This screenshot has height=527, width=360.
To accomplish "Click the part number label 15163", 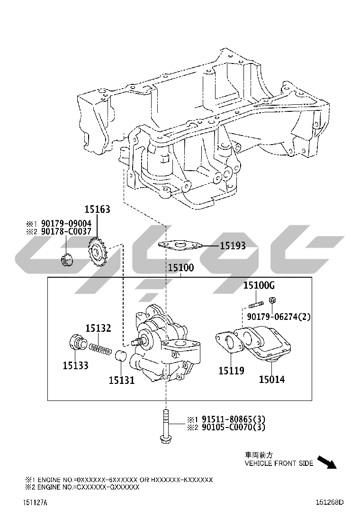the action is tap(98, 209).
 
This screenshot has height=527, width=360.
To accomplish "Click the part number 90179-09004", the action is tap(66, 224).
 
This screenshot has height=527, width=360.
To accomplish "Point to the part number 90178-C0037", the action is tap(66, 231).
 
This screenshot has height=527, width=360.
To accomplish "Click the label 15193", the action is tap(233, 245).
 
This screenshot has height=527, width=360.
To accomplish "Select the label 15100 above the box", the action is tap(181, 268).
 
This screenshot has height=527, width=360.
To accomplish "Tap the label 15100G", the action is tap(259, 285).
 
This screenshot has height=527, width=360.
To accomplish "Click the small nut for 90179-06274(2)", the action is tap(272, 300).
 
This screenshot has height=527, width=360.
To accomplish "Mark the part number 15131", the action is tap(122, 380).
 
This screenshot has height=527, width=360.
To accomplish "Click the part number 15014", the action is tap(272, 380).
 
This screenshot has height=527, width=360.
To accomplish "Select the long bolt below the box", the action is tap(165, 426).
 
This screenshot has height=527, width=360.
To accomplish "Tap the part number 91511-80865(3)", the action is tap(234, 419).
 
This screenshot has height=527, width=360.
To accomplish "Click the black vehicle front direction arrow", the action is tap(327, 462).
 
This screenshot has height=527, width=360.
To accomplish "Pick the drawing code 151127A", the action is tap(35, 502).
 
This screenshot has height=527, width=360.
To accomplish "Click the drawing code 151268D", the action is tap(329, 502).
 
